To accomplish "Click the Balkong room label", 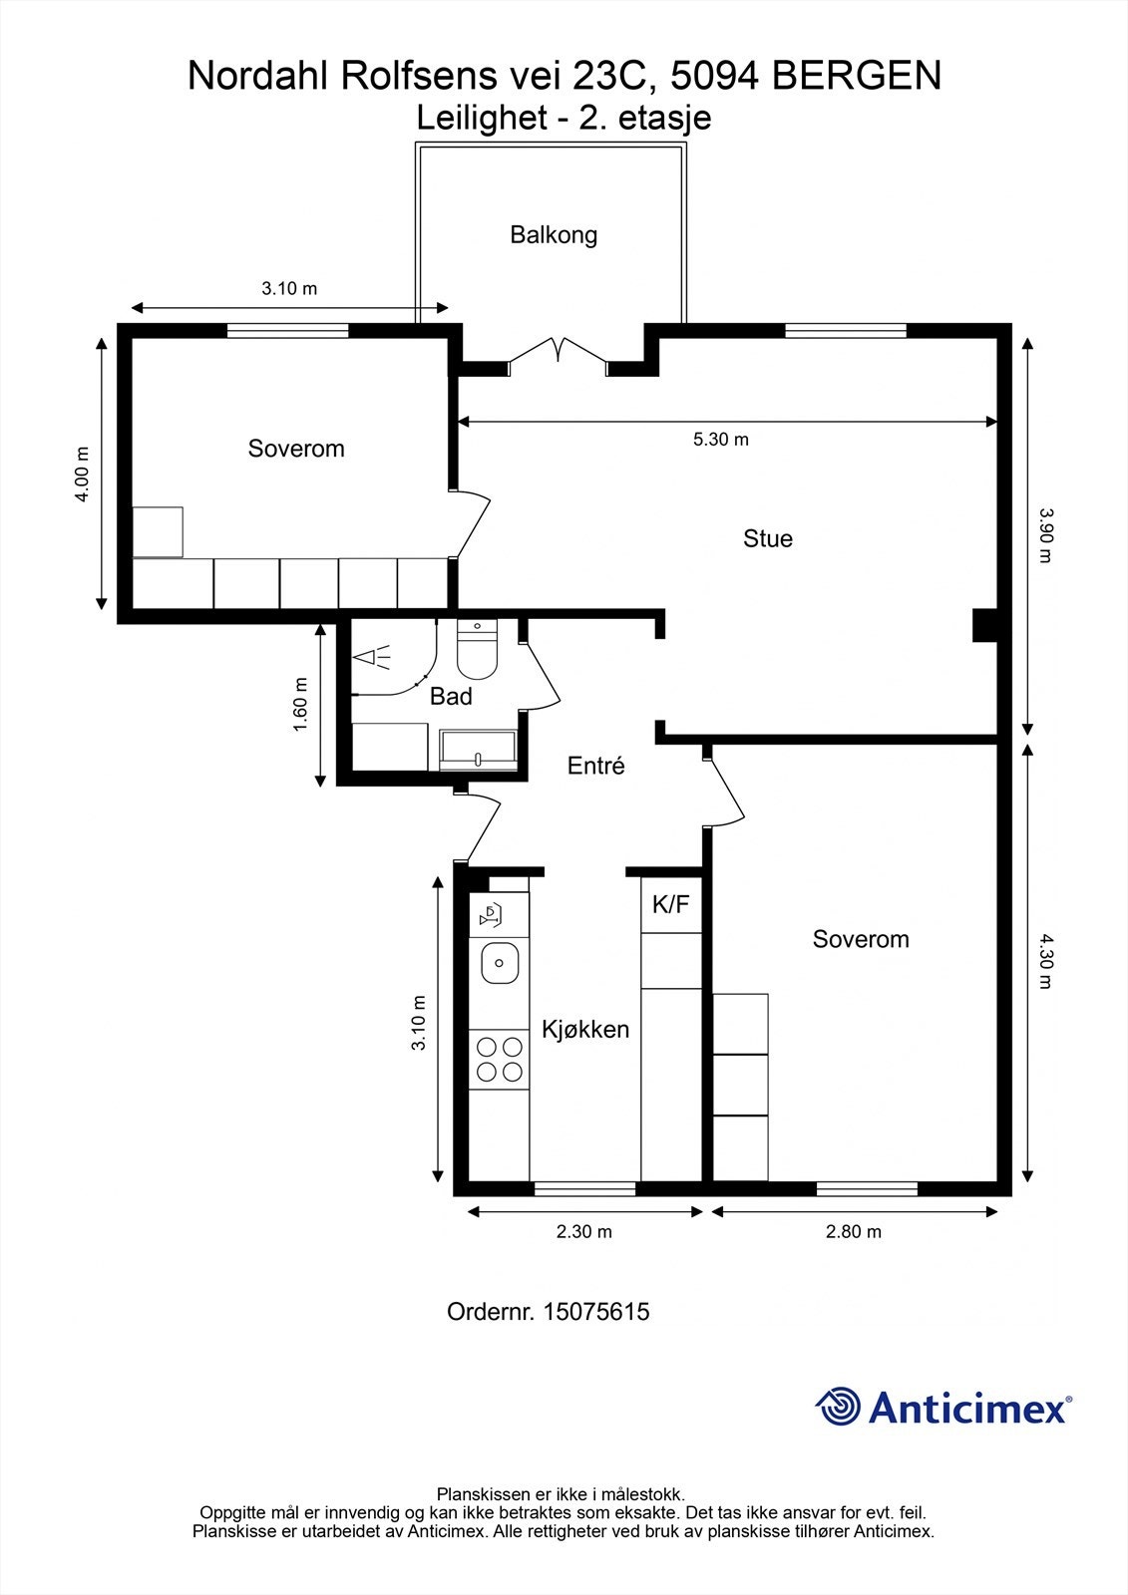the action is pos(554,235).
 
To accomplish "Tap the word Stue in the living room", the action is pos(767,538).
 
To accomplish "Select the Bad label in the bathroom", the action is pos(451,696).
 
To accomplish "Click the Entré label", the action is pos(595,766).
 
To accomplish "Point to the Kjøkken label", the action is pos(585,1030).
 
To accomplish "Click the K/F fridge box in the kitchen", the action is pos(671,904).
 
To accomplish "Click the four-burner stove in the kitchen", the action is pos(499,1059).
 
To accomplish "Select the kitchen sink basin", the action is pos(500,963).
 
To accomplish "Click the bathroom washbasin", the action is pos(478,749).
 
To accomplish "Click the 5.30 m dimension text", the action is pos(721,440).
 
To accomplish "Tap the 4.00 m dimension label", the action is pos(83,475).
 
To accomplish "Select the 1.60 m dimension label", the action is pos(301,704).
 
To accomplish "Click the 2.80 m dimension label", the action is pos(854,1231).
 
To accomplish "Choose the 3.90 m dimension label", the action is pos(1044,534).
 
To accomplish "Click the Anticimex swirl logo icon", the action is pos(838,1406).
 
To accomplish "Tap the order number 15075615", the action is pos(596,1312).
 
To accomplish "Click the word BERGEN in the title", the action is pos(857,76).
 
